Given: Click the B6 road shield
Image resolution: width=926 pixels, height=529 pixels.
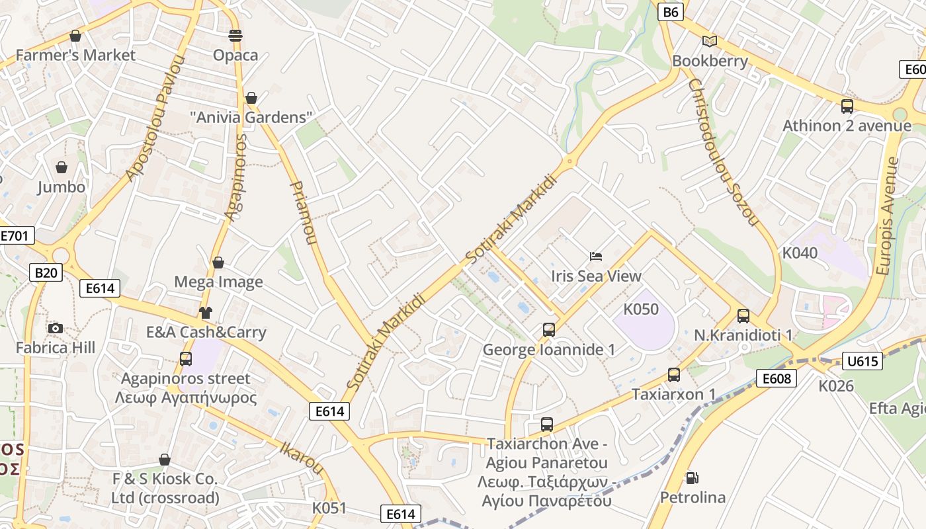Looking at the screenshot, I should pos(670,11).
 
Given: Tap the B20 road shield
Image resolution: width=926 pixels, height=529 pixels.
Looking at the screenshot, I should pos(46,272).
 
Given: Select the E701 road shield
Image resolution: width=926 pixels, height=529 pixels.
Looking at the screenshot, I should pos(15,236).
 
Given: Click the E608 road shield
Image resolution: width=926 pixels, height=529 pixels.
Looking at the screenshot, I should pos(777,378).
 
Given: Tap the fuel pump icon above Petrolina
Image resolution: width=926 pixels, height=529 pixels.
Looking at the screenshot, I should pos(693,477).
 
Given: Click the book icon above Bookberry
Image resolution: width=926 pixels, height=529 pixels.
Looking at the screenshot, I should pos(710,41).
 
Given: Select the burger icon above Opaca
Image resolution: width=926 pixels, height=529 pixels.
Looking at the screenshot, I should pos(235,35).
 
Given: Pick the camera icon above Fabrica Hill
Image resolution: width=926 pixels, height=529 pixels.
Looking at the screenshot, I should pos(56,328).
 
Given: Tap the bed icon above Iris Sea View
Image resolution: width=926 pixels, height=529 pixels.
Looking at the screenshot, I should pos(596,256).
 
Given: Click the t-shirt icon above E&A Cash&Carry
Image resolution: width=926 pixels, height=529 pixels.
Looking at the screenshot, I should pos(206,313).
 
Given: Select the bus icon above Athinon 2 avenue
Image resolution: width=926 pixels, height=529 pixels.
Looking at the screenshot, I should pos(847,106).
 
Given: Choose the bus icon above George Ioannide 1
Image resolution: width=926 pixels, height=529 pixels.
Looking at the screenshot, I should pos(548,329).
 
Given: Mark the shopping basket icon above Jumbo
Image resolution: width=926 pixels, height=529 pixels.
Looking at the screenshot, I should pos(62,167).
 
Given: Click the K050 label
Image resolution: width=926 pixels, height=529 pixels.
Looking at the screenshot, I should pos(641,309).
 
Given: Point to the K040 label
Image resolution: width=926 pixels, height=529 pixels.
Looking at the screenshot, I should pos(800,253).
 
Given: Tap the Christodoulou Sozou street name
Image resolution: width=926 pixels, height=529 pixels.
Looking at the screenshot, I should pos(722,152).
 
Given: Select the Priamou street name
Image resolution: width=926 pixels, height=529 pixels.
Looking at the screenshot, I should pos(303,212).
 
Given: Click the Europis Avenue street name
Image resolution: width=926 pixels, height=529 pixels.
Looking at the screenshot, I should pos(888,216).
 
